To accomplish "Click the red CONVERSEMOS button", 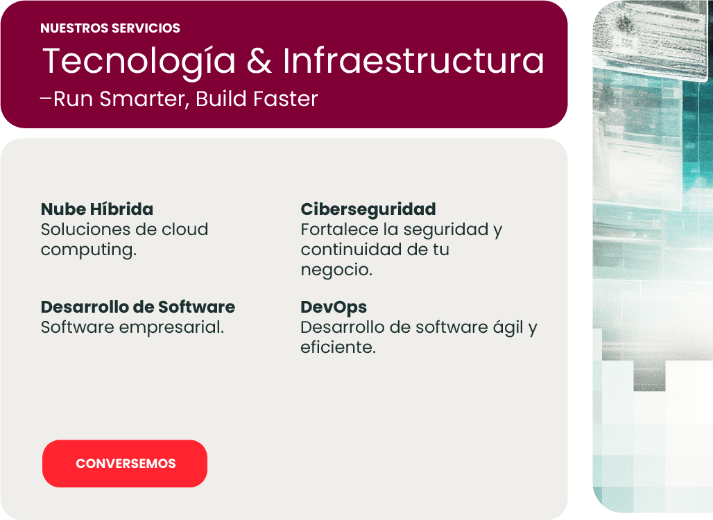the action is [x=125, y=463].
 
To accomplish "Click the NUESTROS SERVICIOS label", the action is [x=110, y=28].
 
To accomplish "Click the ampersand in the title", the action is [x=259, y=61].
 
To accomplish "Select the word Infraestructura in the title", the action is [x=413, y=60].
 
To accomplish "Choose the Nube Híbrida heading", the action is [x=97, y=209].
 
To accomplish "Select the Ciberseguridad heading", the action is [x=368, y=209].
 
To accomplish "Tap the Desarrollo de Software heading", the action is [x=138, y=307].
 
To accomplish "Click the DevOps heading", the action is [x=334, y=308].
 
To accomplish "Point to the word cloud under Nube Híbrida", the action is [x=185, y=229].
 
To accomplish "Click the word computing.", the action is [x=89, y=250].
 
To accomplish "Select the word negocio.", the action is [x=336, y=270].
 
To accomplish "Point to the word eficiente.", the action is [x=338, y=347].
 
